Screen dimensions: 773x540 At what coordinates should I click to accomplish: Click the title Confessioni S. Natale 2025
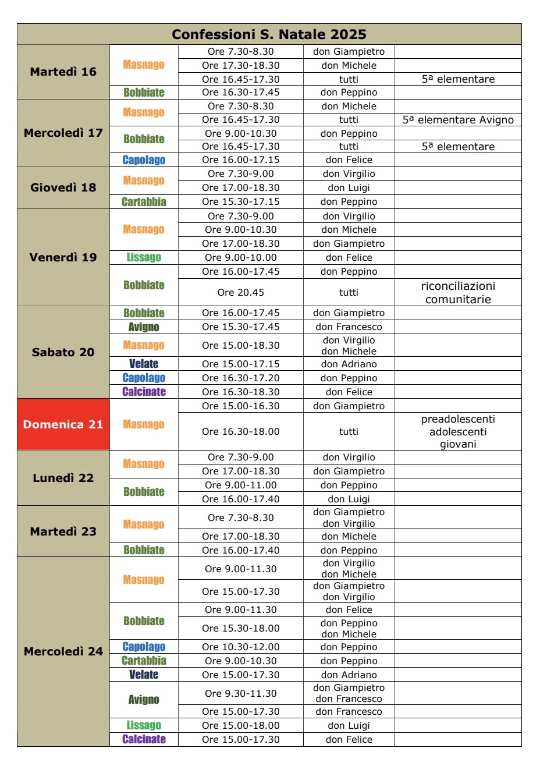[x=269, y=34]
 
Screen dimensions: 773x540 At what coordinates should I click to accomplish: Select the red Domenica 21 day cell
[x=63, y=424]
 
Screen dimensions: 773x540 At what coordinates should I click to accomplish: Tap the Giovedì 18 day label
[x=63, y=187]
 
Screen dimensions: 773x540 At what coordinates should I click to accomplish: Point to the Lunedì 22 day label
[x=63, y=478]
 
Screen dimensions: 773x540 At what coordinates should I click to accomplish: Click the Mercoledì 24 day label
[x=63, y=651]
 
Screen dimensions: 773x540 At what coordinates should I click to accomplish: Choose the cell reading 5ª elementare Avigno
[x=458, y=120]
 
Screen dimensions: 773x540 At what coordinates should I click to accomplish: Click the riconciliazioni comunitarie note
[x=458, y=292]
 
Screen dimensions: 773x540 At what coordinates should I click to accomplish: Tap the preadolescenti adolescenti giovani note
[x=458, y=431]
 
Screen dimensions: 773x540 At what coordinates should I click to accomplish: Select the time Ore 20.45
[x=240, y=292]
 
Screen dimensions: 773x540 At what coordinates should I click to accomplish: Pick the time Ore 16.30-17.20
[x=240, y=378]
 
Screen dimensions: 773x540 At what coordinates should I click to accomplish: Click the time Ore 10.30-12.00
[x=240, y=647]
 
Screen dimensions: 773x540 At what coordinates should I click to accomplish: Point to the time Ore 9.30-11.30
[x=240, y=693]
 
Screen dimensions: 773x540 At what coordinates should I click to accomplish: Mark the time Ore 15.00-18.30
[x=240, y=345]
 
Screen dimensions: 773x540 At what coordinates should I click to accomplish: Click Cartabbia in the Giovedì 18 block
[x=144, y=202]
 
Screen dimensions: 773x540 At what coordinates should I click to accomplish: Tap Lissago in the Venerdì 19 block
[x=144, y=257]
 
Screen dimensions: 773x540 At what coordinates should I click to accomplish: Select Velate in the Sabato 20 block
[x=144, y=364]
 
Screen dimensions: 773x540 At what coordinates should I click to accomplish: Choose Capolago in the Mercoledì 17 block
[x=144, y=160]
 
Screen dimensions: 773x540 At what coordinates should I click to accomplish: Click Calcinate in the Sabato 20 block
[x=144, y=392]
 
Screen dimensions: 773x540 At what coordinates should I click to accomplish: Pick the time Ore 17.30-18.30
[x=240, y=66]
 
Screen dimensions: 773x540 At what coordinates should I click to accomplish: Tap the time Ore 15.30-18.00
[x=240, y=628]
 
